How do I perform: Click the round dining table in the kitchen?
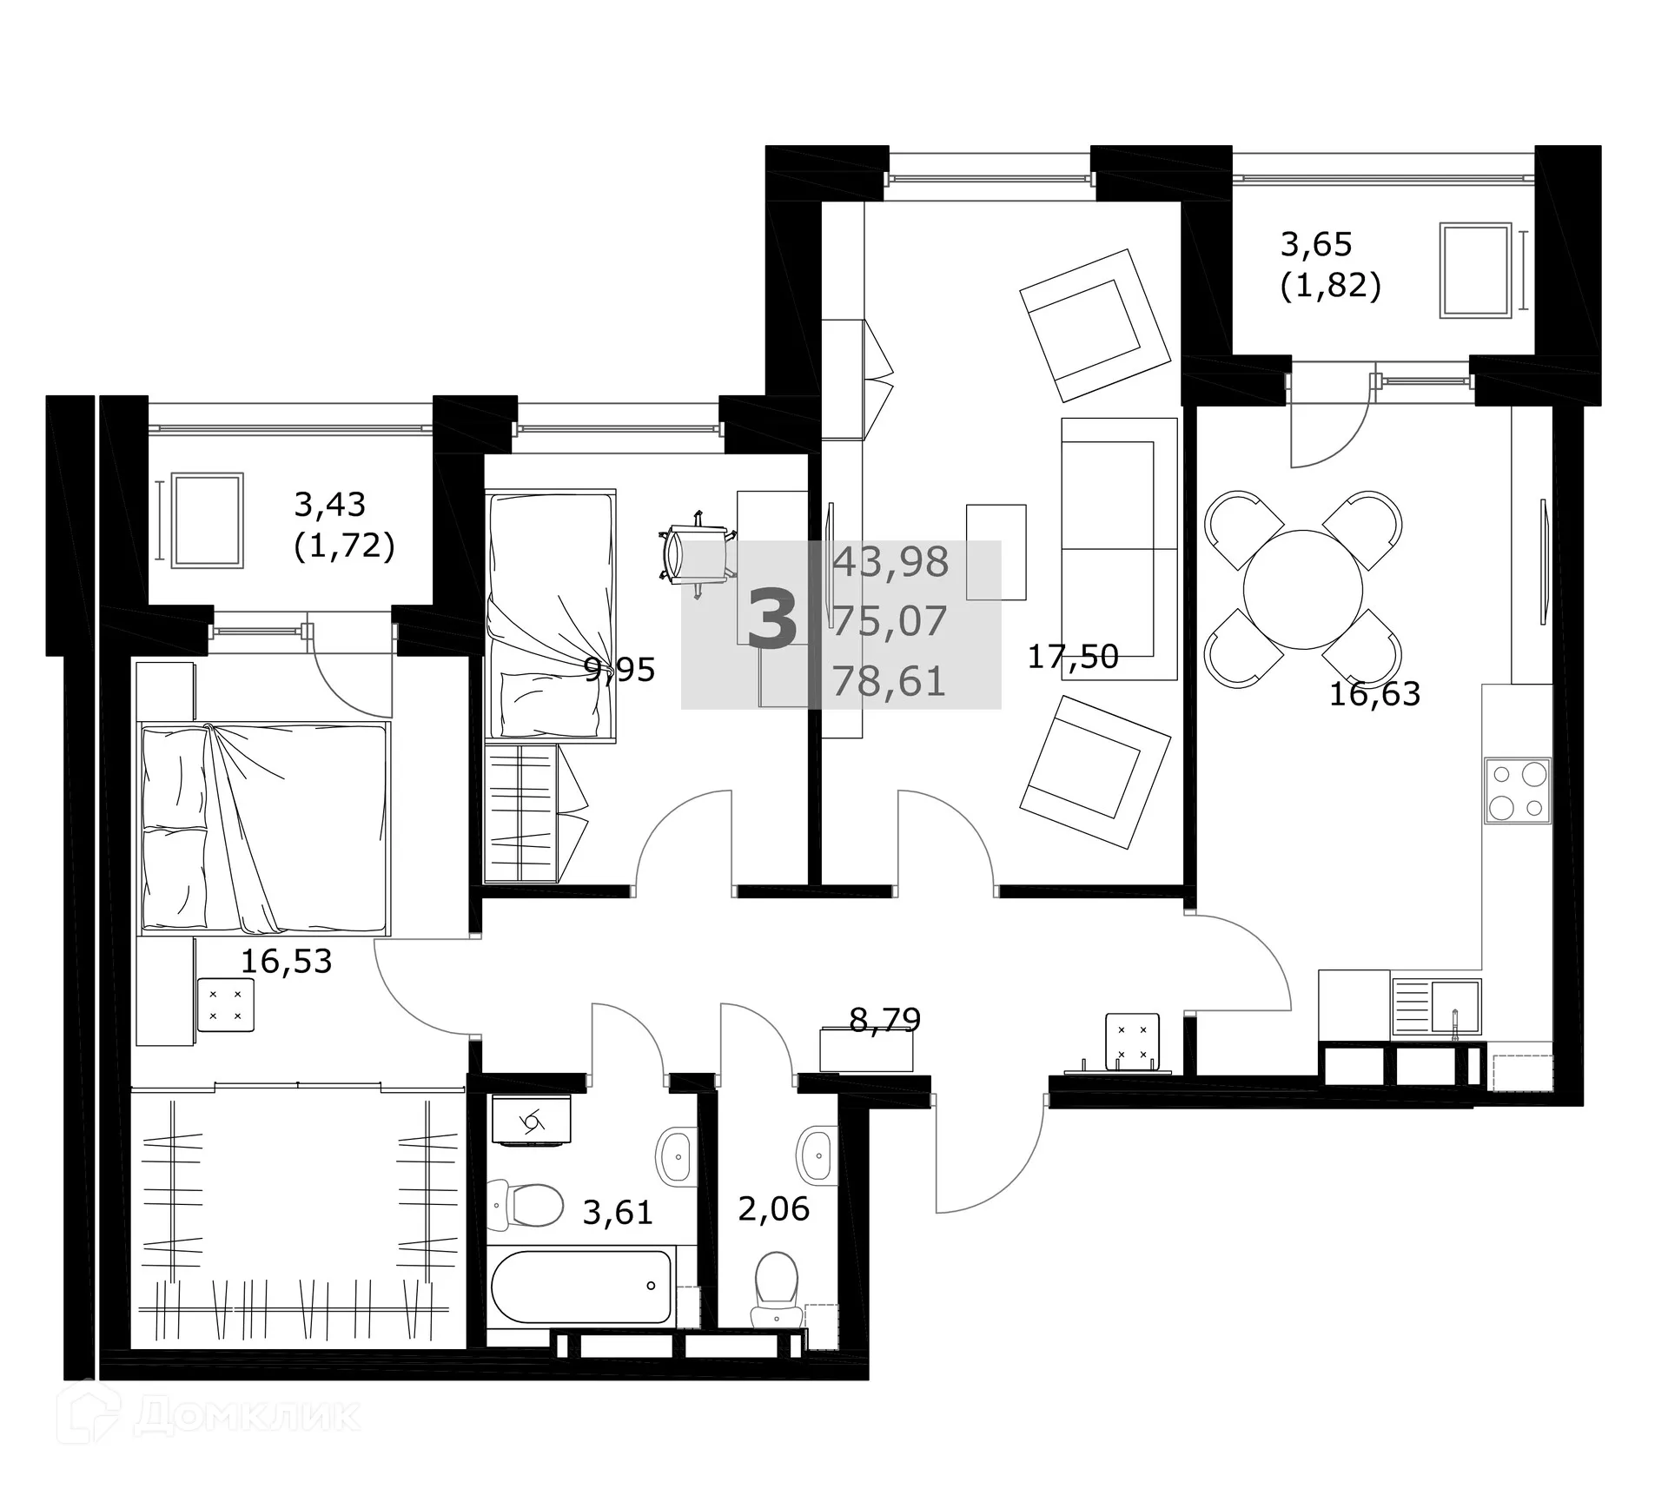coord(1302,589)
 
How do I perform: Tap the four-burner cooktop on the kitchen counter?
coord(1517,791)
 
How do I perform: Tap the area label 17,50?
coord(1072,657)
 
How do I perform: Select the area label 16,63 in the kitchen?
coord(1374,694)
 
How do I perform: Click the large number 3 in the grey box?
coord(771,620)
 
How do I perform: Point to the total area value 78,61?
coord(889,681)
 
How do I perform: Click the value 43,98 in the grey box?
coord(890,563)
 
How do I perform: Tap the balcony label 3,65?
coord(1316,245)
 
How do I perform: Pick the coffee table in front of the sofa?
coord(996,551)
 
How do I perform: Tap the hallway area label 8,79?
coord(884,1019)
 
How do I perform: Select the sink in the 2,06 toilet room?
coord(817,1156)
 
